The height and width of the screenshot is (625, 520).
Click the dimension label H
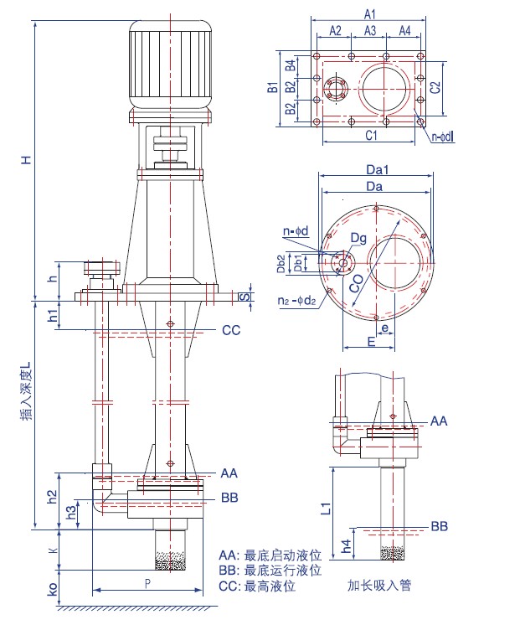tap(26, 159)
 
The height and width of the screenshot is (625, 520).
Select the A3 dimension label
tap(370, 31)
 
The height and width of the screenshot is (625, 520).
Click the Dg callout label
tap(358, 239)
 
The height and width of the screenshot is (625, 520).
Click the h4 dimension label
tap(347, 545)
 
